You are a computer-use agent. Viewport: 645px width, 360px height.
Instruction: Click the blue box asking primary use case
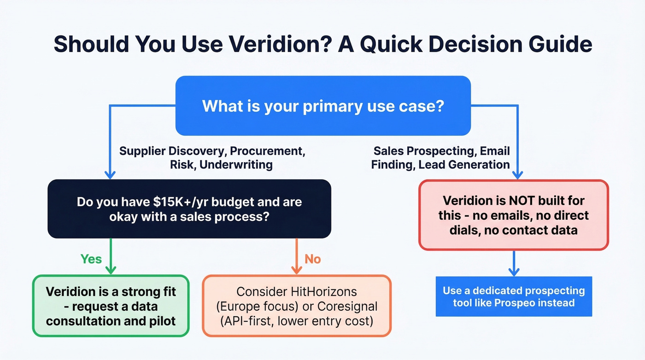tap(323, 106)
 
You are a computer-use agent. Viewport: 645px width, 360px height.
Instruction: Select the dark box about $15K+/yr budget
tap(189, 209)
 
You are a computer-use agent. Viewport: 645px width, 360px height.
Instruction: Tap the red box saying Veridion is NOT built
tap(513, 215)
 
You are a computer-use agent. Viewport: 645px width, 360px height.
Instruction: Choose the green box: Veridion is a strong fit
tap(111, 306)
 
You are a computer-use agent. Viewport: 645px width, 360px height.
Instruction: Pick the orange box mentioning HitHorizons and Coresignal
tap(297, 306)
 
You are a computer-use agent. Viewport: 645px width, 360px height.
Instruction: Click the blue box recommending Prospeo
tap(513, 296)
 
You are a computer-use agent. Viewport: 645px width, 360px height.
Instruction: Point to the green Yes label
tap(91, 259)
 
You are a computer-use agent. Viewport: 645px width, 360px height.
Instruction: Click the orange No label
tap(312, 259)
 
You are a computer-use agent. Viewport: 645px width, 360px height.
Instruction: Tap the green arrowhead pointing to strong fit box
tap(111, 270)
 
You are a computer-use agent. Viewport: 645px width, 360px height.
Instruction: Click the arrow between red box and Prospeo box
tap(513, 264)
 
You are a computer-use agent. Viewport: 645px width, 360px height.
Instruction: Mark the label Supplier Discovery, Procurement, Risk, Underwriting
tap(212, 158)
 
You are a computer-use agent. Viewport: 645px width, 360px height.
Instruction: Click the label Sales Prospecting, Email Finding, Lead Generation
tap(441, 158)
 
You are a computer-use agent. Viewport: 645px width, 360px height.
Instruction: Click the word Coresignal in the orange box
tap(347, 306)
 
